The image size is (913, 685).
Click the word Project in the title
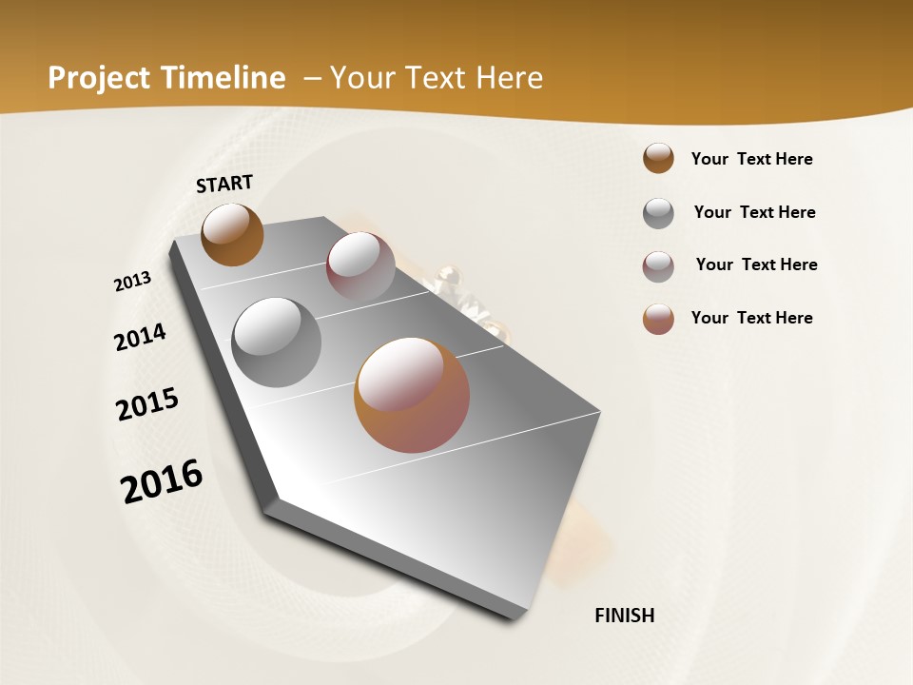coord(100,78)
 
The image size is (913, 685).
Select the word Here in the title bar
coord(509,78)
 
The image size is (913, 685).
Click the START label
coord(224,184)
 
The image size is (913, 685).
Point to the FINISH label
coord(625,616)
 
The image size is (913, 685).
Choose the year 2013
coord(132,282)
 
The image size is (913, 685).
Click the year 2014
coord(140,337)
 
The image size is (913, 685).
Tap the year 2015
coord(147,404)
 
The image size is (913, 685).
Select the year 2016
coord(162,480)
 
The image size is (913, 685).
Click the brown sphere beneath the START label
coord(232,234)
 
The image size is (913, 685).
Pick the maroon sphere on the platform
coord(360,265)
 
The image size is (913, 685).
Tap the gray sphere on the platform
coord(277,342)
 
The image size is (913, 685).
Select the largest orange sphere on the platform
coord(412,395)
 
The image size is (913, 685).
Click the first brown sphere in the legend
coord(658,158)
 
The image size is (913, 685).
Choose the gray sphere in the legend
coord(658,213)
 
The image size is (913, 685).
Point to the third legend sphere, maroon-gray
coord(658,266)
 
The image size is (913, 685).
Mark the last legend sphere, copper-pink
coord(658,319)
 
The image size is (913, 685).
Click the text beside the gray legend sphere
coord(754,212)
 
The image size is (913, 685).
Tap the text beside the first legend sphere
coord(751,159)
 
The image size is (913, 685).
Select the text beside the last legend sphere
coord(751,318)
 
